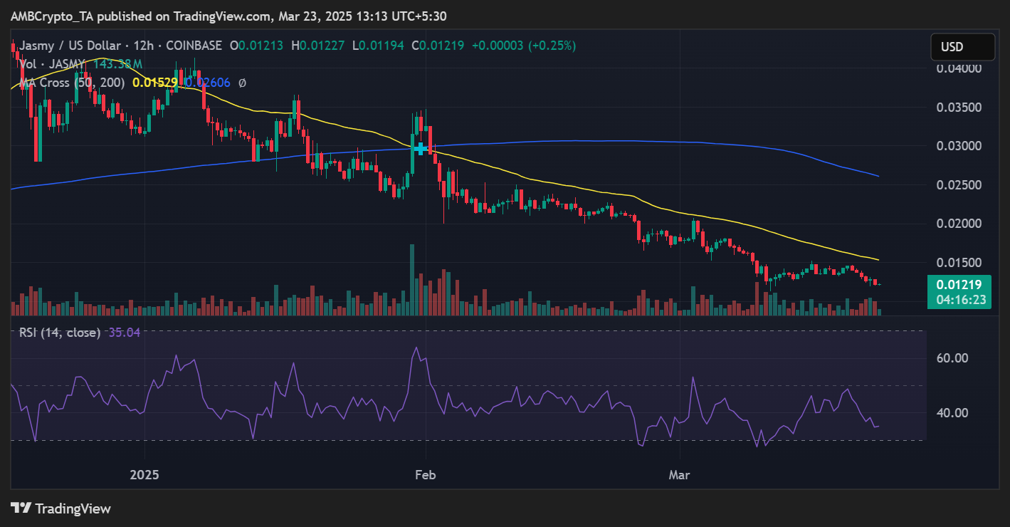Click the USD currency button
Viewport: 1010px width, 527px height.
[x=962, y=47]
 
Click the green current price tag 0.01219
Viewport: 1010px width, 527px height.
[x=959, y=285]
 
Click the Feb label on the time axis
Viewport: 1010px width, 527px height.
[x=426, y=474]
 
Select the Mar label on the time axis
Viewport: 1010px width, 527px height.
[x=680, y=474]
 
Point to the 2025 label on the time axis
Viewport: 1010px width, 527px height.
[x=145, y=474]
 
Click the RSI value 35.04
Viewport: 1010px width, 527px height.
[x=125, y=333]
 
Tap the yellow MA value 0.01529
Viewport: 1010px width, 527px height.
[x=154, y=83]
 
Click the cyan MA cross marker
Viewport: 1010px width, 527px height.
[x=421, y=148]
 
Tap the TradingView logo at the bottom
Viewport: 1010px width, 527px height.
[x=61, y=508]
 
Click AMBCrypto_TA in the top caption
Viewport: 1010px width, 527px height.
[x=51, y=16]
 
